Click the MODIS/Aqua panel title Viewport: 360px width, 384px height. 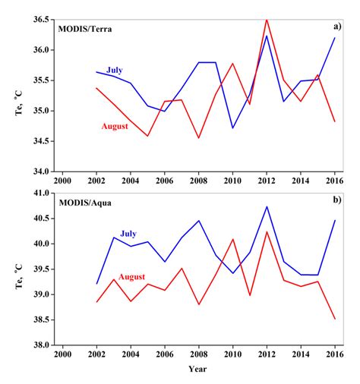pyautogui.click(x=87, y=205)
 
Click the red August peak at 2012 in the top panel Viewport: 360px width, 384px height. pyautogui.click(x=267, y=20)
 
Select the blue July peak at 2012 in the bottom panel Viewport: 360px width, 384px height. pyautogui.click(x=267, y=206)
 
